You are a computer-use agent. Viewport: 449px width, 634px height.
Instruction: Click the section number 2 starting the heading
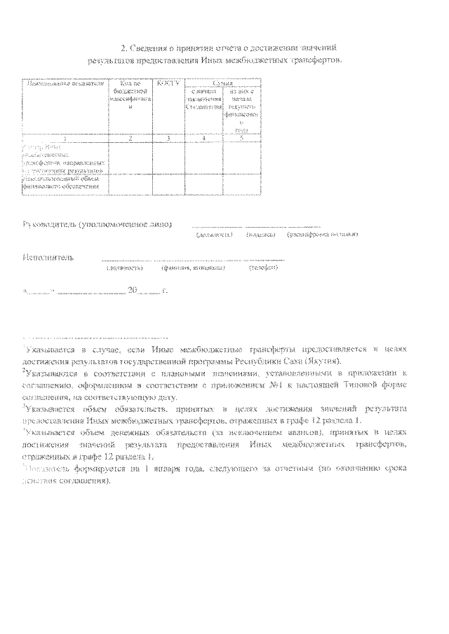tap(125, 48)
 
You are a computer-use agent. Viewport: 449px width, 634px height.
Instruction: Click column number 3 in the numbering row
tap(169, 139)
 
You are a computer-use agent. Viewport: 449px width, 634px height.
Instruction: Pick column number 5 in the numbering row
tap(241, 139)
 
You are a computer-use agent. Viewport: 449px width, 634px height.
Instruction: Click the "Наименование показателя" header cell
tap(65, 85)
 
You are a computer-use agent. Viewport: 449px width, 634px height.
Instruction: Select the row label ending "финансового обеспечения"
tap(64, 186)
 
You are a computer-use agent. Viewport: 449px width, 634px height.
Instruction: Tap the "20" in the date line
tap(135, 288)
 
